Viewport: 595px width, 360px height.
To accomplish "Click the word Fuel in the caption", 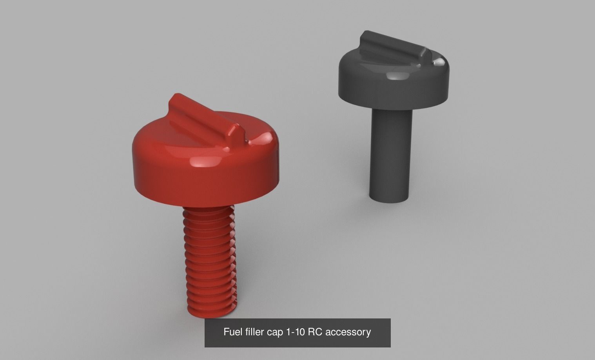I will click(231, 332).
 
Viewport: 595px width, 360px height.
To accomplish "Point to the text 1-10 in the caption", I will click(296, 332).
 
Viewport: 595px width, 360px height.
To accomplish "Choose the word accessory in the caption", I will click(348, 333).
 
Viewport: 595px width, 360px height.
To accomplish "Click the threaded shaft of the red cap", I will click(209, 259).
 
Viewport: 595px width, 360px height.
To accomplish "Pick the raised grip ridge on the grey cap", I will click(392, 49).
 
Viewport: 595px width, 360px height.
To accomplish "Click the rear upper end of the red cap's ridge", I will click(176, 98).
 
